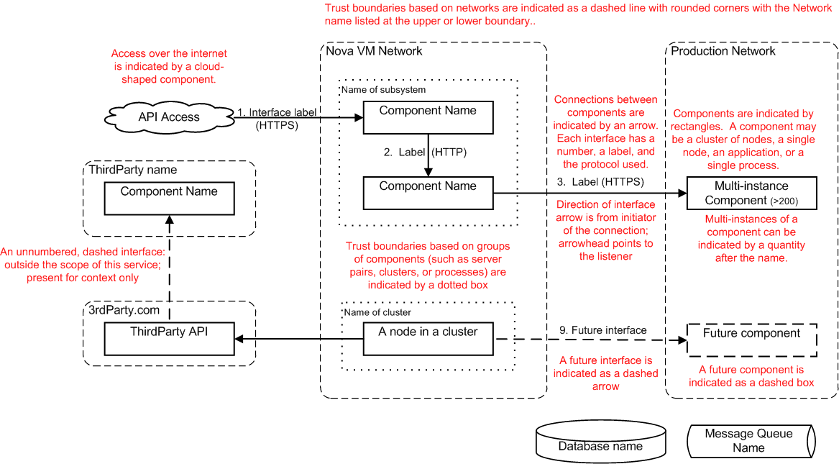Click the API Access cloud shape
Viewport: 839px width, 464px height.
tap(170, 117)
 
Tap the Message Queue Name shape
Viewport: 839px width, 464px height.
tap(748, 440)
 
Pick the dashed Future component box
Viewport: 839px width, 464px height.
tap(751, 340)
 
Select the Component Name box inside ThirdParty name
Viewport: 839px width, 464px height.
tap(170, 198)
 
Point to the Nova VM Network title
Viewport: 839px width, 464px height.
tap(374, 51)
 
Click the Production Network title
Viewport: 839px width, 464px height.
tap(723, 51)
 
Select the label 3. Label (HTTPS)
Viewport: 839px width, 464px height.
tap(600, 181)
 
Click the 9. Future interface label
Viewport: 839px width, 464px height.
tap(603, 330)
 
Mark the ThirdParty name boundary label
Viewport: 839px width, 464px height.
tap(132, 170)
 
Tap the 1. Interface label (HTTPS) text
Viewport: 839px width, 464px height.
tap(278, 118)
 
